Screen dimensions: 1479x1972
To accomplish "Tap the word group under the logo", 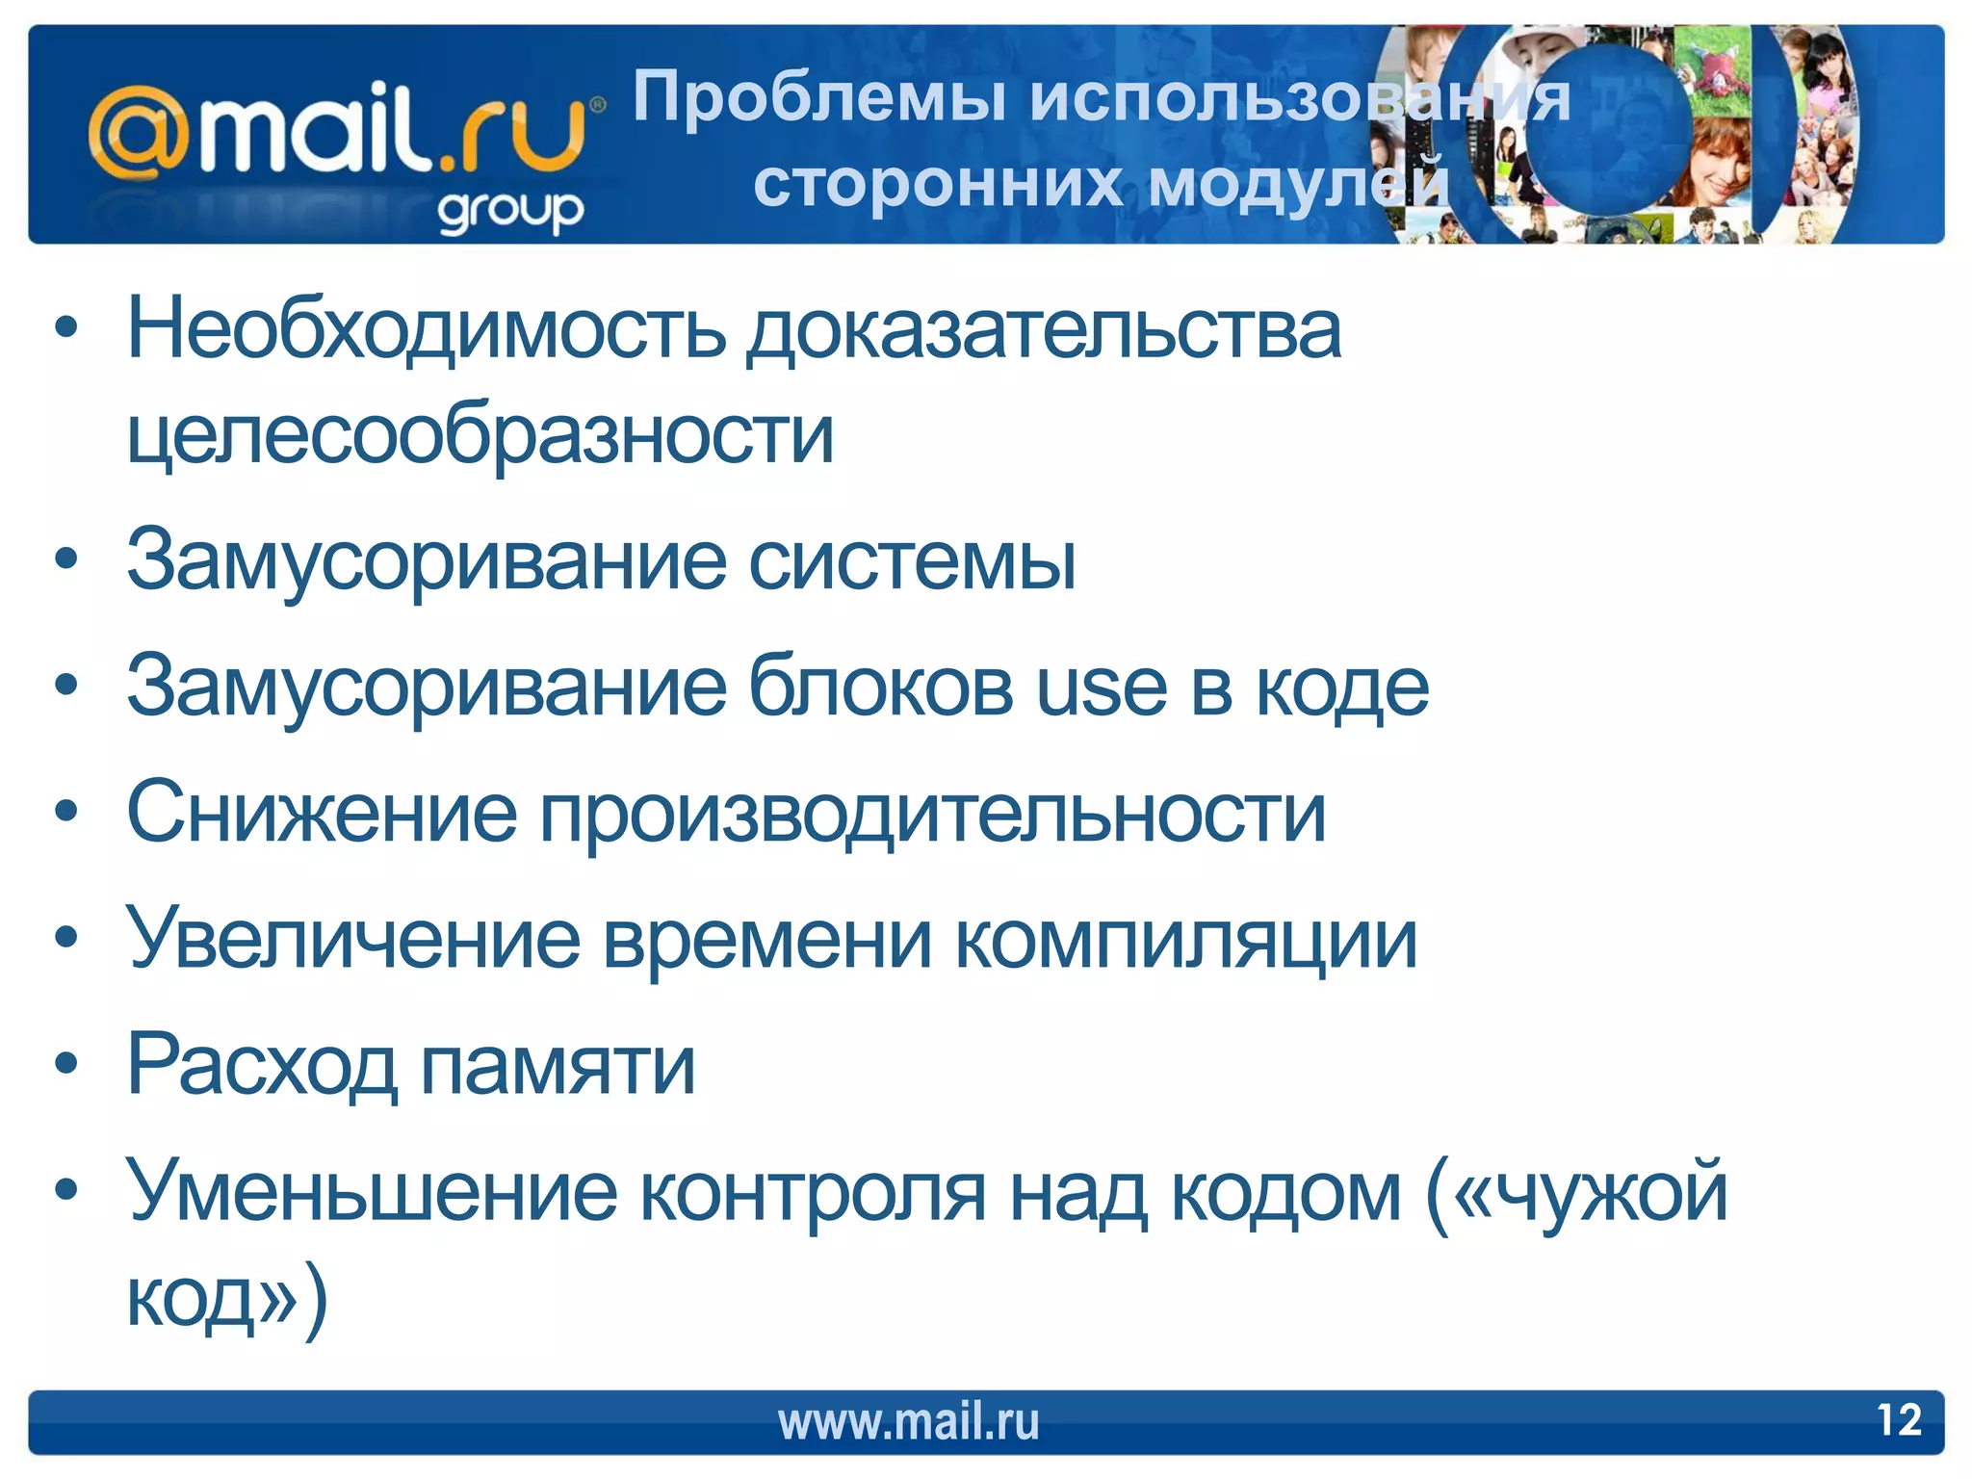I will pos(510,211).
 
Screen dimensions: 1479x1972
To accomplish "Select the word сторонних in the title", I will pos(937,183).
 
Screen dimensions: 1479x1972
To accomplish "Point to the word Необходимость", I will pos(427,329).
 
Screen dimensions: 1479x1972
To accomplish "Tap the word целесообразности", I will pos(480,435).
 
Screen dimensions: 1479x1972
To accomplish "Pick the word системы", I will pos(913,561).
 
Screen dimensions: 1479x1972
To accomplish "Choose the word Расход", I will pos(262,1066).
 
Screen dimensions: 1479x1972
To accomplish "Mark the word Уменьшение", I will pos(372,1192).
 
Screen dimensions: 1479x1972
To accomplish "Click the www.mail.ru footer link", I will pos(908,1422).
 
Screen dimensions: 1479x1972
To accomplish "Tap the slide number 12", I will pos(1899,1420).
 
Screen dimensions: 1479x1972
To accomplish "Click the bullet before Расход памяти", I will pos(65,1065).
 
